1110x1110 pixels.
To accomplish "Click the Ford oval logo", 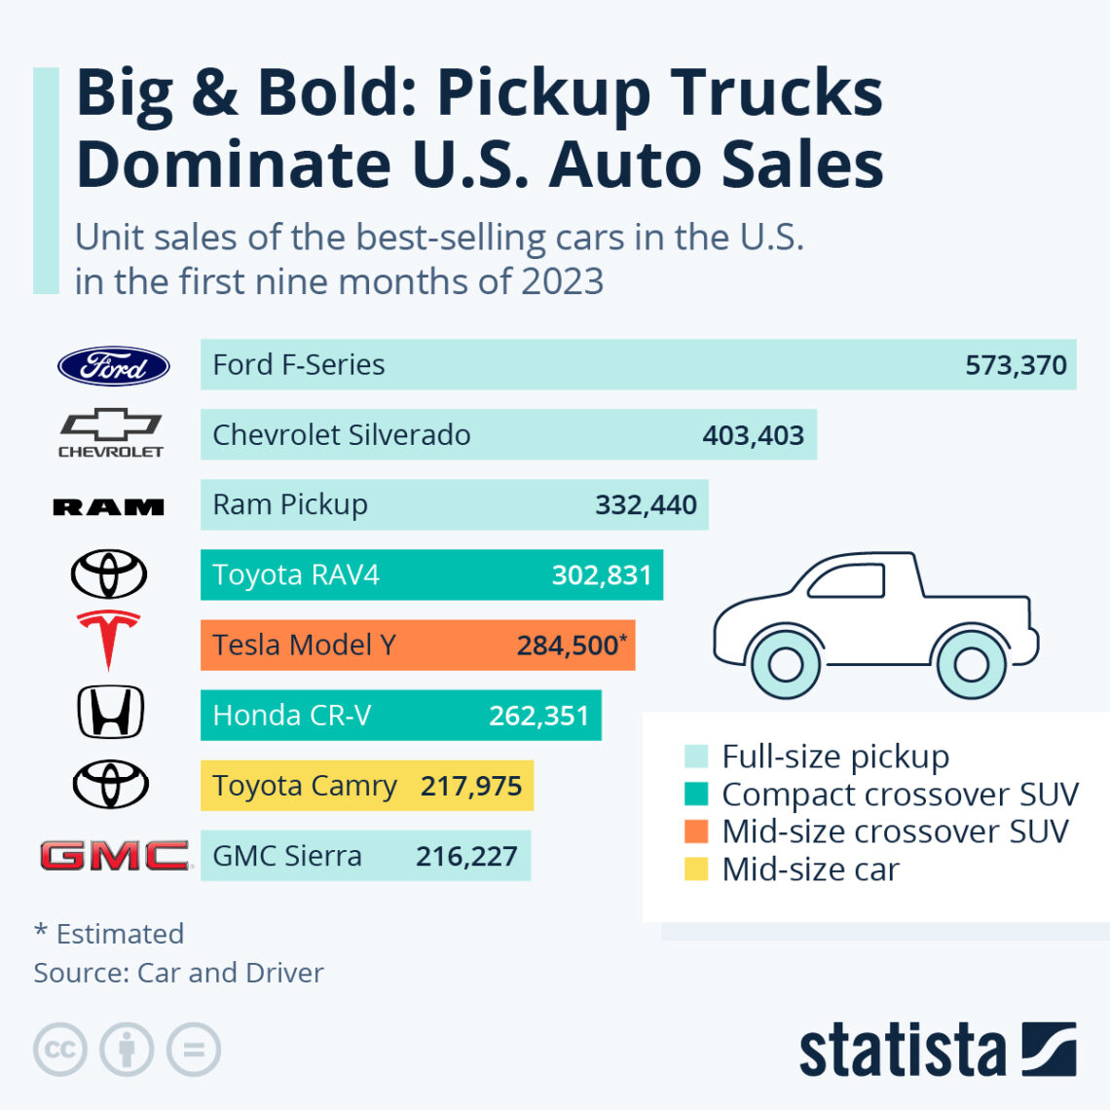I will coord(113,366).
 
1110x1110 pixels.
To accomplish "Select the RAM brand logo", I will coord(108,506).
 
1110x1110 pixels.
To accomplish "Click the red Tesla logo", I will coord(108,640).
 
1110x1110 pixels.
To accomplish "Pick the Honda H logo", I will coord(110,712).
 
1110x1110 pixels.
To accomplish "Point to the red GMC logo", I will coord(114,856).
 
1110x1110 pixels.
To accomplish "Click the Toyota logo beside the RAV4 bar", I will coord(108,573).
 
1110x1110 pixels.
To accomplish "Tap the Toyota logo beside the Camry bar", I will coord(110,784).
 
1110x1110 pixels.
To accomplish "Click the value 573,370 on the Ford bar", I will coord(1015,365).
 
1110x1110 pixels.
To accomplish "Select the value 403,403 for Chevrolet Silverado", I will coord(753,435).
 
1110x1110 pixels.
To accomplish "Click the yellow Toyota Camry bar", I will coord(366,786).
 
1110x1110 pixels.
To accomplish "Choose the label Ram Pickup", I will coord(290,504).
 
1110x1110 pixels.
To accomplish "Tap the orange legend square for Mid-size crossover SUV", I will coord(695,832).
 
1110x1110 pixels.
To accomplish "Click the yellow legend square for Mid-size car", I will coord(695,869).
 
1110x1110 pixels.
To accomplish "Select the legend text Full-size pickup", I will coord(834,757).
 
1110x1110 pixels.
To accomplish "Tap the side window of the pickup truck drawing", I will coord(846,581).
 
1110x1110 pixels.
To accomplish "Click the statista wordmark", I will coord(902,1052).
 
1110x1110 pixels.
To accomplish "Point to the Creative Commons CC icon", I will coord(60,1050).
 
